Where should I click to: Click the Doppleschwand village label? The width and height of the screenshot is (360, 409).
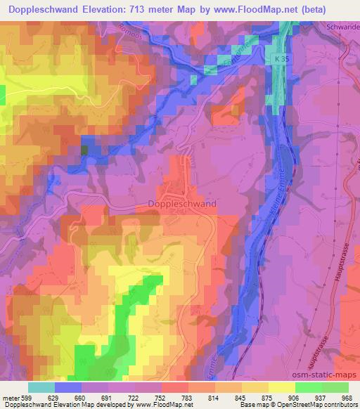click(182, 204)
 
